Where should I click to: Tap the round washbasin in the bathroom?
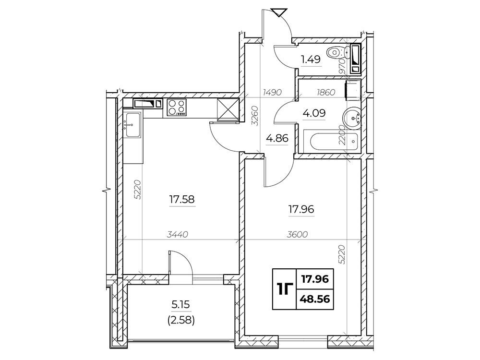point(353,116)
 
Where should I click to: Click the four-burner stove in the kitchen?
point(177,107)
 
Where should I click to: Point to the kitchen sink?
point(132,125)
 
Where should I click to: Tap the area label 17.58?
point(182,200)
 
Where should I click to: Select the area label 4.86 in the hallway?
point(277,138)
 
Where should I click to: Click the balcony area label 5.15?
point(181,305)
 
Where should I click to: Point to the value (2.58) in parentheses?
point(181,321)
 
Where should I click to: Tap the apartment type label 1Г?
point(284,288)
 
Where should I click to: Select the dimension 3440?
point(177,235)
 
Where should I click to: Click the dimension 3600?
point(297,235)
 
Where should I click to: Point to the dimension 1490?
point(273,92)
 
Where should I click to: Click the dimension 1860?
point(326,92)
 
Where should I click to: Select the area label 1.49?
point(311,60)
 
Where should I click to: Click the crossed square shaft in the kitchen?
point(227,108)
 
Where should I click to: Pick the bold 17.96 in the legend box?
point(315,279)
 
